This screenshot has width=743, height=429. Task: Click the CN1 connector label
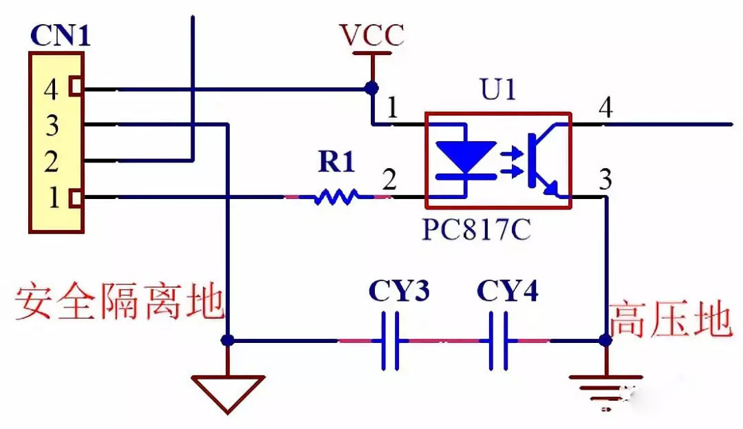tap(60, 34)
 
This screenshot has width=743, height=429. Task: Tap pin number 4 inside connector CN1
tap(51, 89)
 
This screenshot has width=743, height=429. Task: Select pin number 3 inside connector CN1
tap(52, 125)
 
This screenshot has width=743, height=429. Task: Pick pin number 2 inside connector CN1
tap(51, 161)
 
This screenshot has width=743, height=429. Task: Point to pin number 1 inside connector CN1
tap(54, 197)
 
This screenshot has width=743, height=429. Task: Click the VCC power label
tap(372, 34)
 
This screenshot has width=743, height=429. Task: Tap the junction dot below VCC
tap(372, 87)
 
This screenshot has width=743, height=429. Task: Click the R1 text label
tap(336, 161)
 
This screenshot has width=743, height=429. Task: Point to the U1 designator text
tap(497, 89)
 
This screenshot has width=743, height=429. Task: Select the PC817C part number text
tap(476, 229)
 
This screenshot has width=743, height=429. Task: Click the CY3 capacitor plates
tap(390, 340)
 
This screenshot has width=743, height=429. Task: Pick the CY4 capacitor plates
tap(497, 340)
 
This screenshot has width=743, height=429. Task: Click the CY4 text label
tap(508, 290)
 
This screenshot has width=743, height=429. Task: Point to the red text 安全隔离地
tap(119, 300)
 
